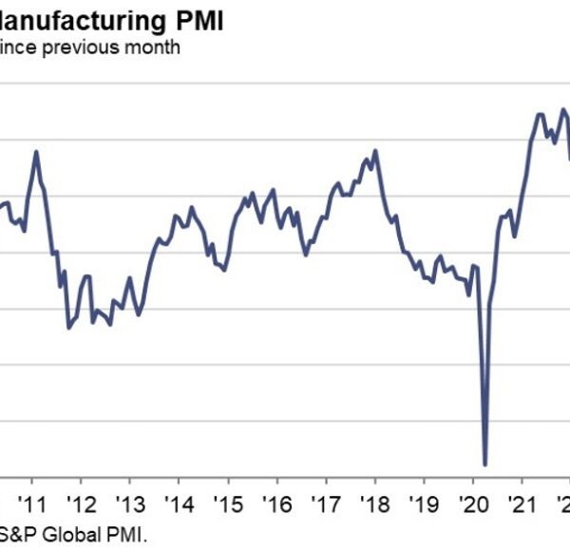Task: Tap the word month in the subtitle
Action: point(153,46)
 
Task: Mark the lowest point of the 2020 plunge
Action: point(485,465)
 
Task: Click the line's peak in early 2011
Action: point(36,151)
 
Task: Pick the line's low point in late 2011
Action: point(68,328)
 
